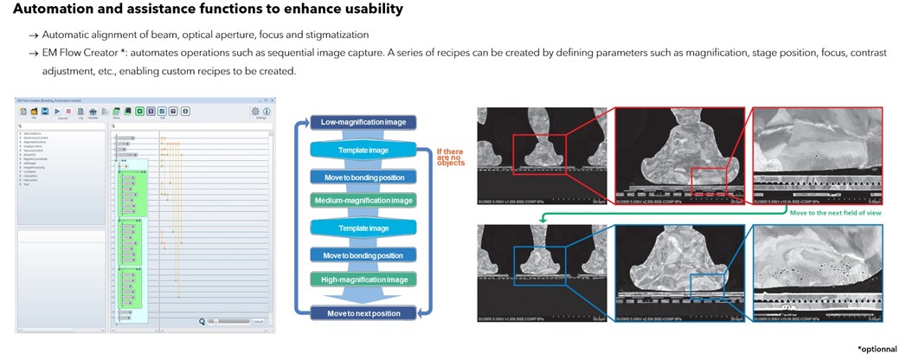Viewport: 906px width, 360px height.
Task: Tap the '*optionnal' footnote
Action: click(879, 348)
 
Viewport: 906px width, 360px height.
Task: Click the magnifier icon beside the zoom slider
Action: click(202, 320)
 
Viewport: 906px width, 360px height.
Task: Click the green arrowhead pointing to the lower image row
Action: click(544, 220)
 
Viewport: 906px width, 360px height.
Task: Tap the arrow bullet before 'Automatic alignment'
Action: click(33, 35)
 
